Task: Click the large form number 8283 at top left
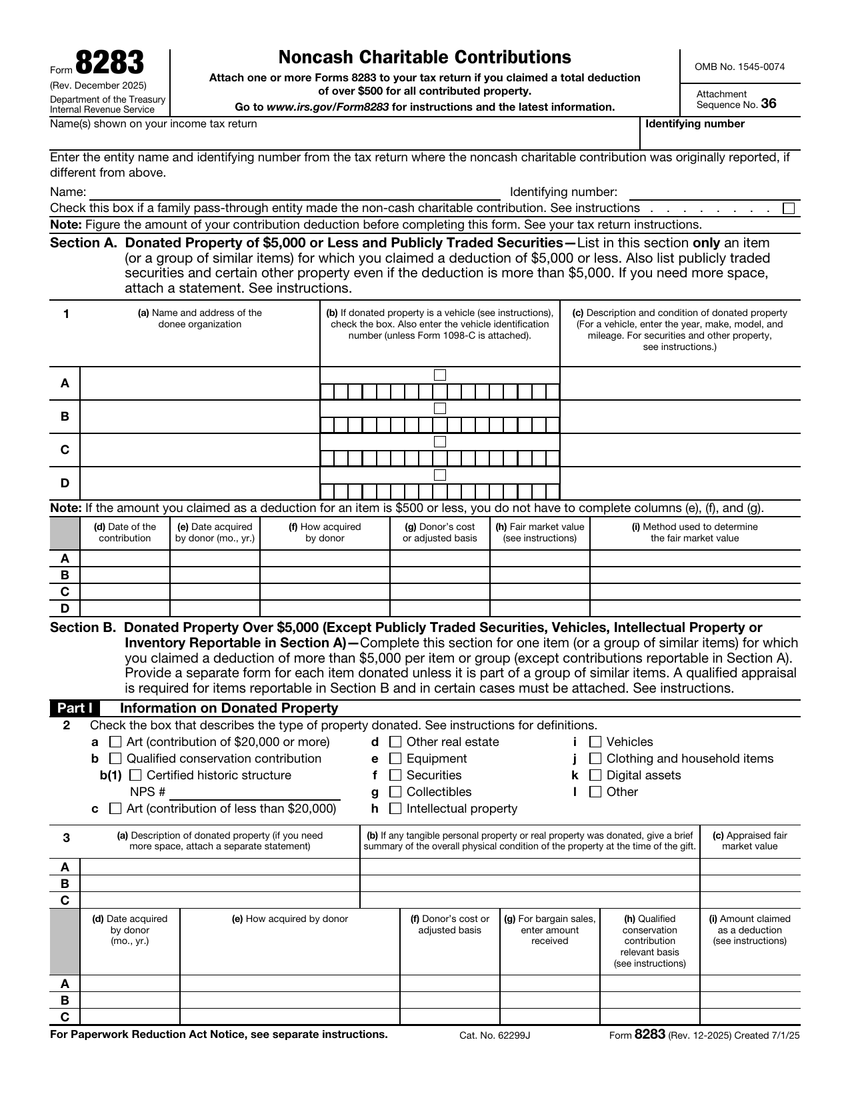tap(109, 64)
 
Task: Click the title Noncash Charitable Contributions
tap(425, 57)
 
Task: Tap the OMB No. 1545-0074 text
tap(739, 67)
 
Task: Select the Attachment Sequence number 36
tap(768, 104)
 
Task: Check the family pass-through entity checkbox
tap(789, 209)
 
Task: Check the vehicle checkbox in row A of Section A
tap(440, 375)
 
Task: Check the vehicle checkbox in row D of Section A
tap(440, 475)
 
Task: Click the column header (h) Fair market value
tap(539, 532)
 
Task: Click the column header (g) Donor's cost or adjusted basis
tap(439, 532)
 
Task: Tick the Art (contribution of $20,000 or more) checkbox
tap(115, 742)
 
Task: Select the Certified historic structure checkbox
tap(135, 775)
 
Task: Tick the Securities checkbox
tap(395, 775)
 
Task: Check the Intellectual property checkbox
tap(395, 809)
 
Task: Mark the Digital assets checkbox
tap(595, 775)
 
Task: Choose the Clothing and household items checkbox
tap(595, 759)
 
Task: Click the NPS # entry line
tap(255, 793)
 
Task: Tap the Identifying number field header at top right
tap(695, 124)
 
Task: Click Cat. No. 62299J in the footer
tap(494, 1035)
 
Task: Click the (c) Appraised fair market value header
tap(749, 841)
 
